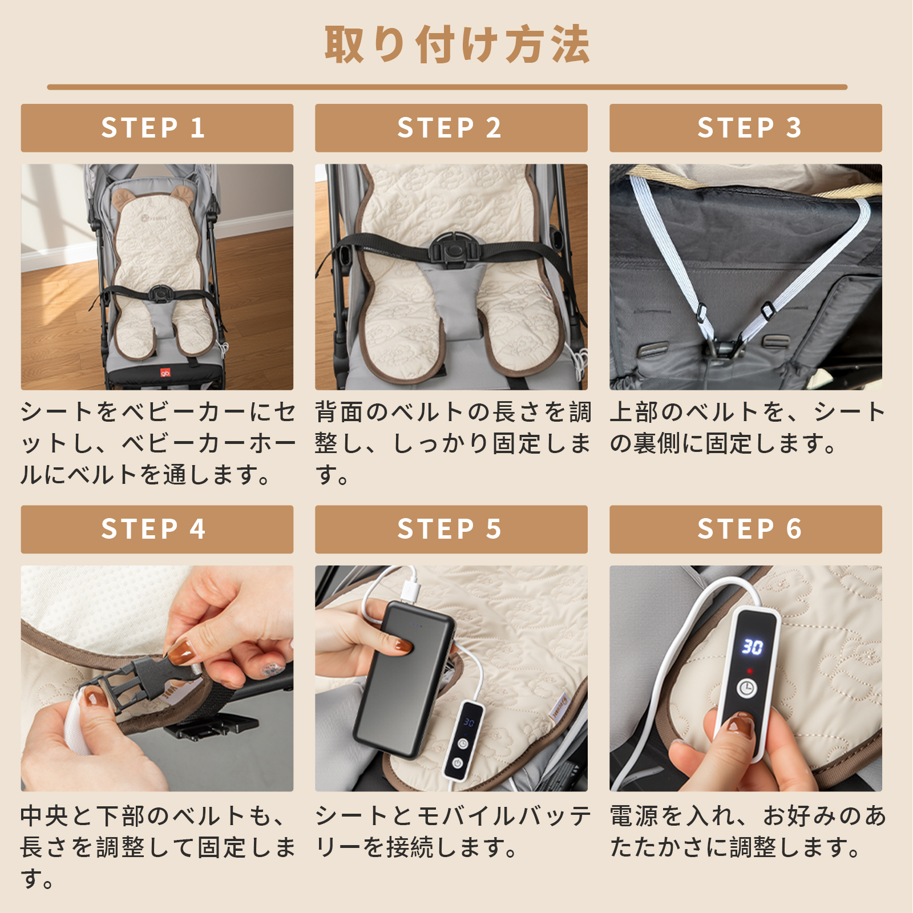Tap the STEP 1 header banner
point(157,128)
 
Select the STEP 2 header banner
point(451,128)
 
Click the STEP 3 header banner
point(745,128)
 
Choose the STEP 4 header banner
point(157,529)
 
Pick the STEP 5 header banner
point(451,529)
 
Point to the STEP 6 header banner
point(745,529)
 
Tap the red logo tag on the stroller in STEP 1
point(165,373)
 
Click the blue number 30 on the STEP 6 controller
point(752,647)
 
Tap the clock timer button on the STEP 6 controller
point(746,688)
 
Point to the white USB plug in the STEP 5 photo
point(410,588)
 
